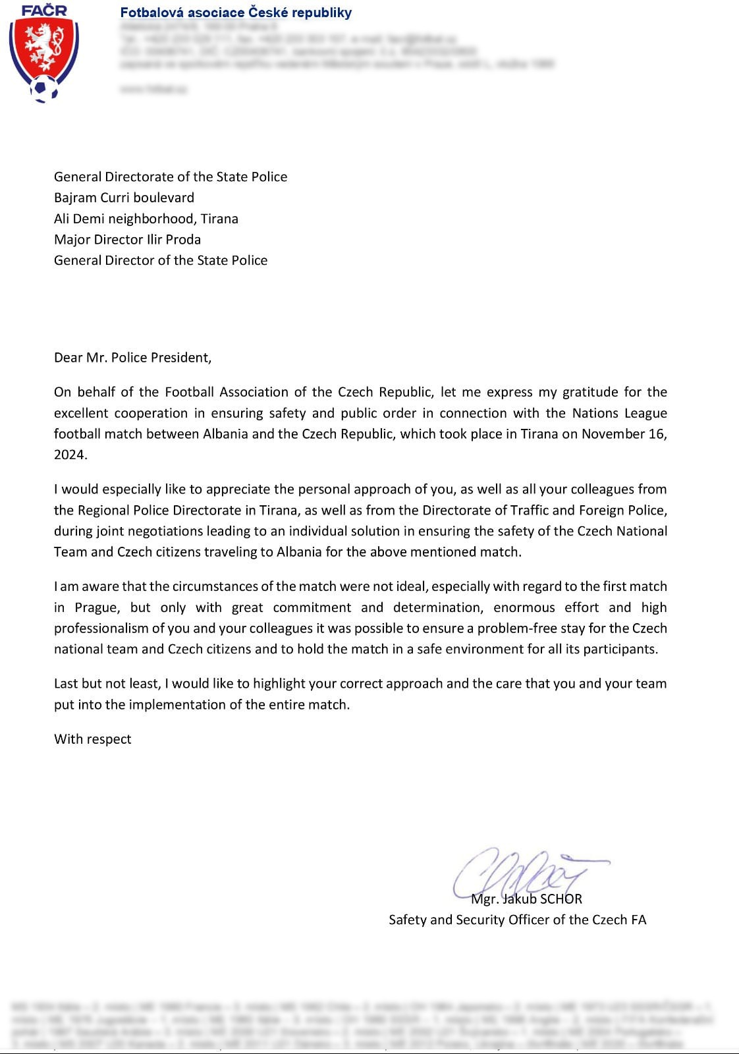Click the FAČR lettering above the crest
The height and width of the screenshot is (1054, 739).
(x=44, y=11)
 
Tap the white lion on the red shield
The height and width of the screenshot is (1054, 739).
(x=43, y=47)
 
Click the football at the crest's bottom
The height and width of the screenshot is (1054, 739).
(x=44, y=88)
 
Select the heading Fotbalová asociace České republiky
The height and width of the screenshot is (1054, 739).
(x=236, y=13)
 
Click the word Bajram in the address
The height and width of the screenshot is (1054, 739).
(x=75, y=198)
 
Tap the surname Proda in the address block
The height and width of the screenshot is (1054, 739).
(x=184, y=239)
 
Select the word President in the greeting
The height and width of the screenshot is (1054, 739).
(x=180, y=358)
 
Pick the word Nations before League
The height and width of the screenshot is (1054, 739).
(x=595, y=413)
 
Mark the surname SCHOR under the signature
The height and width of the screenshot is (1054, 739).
(x=561, y=899)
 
